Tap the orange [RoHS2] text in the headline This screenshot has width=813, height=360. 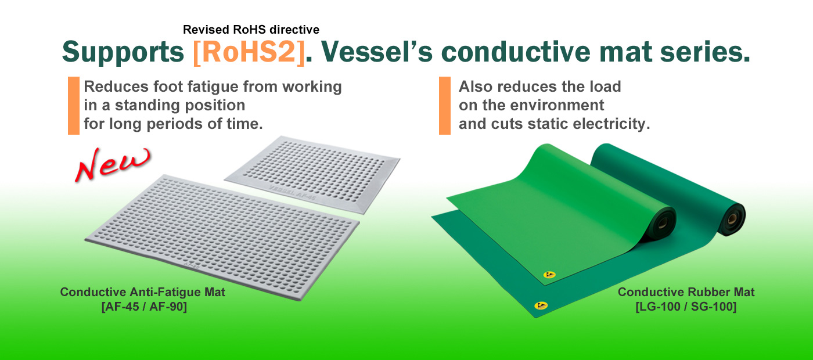pyautogui.click(x=249, y=52)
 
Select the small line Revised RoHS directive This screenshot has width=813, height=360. pyautogui.click(x=251, y=30)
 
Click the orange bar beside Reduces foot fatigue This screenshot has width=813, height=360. pyautogui.click(x=74, y=106)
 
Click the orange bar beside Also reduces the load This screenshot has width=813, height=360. pyautogui.click(x=445, y=106)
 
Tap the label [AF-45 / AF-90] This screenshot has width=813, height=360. pyautogui.click(x=144, y=307)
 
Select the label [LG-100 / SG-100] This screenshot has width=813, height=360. pyautogui.click(x=686, y=307)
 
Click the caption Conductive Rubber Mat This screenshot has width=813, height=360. pyautogui.click(x=686, y=292)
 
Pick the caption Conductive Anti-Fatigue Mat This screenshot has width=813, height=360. pyautogui.click(x=143, y=292)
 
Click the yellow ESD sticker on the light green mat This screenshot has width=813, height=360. pyautogui.click(x=549, y=275)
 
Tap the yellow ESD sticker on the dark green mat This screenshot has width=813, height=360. pyautogui.click(x=541, y=305)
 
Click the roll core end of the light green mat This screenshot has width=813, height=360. pyautogui.click(x=663, y=223)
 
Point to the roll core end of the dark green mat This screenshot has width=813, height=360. pyautogui.click(x=732, y=219)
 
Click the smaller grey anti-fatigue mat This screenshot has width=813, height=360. pyautogui.click(x=313, y=174)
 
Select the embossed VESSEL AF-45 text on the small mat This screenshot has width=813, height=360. pyautogui.click(x=293, y=193)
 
